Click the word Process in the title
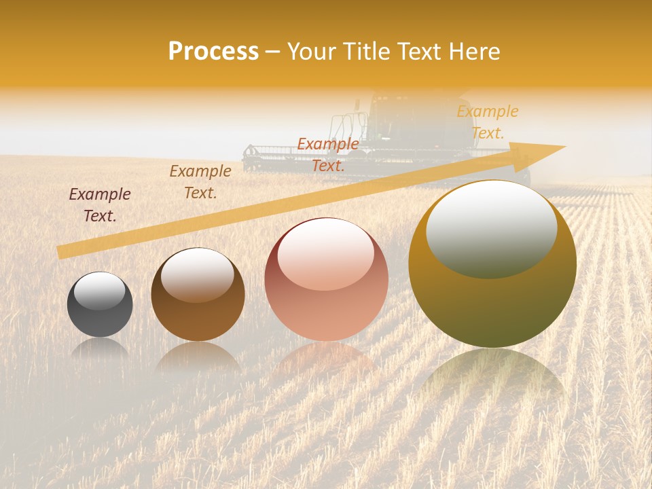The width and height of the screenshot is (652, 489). coord(213,52)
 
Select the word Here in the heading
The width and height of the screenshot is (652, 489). coord(473,52)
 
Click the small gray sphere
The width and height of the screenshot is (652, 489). coord(100,304)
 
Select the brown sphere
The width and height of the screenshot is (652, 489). coord(198,295)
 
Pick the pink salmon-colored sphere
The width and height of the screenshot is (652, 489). coord(327,280)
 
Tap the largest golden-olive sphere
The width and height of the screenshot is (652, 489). coord(492,265)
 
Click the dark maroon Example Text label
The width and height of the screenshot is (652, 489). coord(100,205)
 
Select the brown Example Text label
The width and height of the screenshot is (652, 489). coord(200,182)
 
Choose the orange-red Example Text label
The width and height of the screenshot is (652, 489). coord(328,155)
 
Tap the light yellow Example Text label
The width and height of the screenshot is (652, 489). coord(488,122)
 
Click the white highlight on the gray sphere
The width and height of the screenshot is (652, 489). coord(100,291)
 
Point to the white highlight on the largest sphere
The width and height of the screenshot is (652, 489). coord(491,228)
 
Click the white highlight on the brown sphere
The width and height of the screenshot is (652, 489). coord(198,273)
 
